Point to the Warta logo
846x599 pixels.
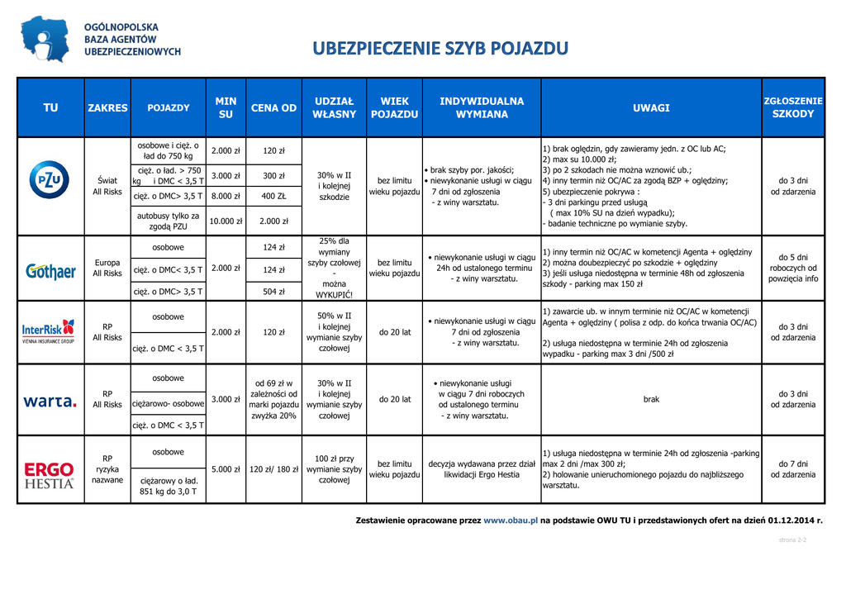click(x=50, y=402)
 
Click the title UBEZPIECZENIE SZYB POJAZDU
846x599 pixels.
click(x=440, y=49)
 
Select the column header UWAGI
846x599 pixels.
click(x=651, y=108)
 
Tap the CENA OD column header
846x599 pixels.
click(x=273, y=108)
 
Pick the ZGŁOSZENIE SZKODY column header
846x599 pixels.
click(x=793, y=107)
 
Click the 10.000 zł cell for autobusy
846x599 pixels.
click(x=226, y=221)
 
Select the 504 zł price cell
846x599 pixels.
click(x=273, y=292)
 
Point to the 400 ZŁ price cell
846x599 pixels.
click(x=273, y=197)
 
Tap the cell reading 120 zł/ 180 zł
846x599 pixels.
click(x=273, y=469)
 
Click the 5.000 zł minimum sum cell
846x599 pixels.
click(x=226, y=469)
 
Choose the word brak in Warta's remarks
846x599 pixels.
click(x=651, y=399)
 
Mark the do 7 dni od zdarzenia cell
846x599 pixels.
click(x=793, y=469)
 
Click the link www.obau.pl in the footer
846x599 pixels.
click(x=511, y=521)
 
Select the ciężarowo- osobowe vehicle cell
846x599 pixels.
click(x=169, y=404)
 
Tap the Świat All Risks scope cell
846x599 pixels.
click(x=107, y=186)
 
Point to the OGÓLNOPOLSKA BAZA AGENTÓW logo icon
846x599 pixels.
click(x=45, y=39)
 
